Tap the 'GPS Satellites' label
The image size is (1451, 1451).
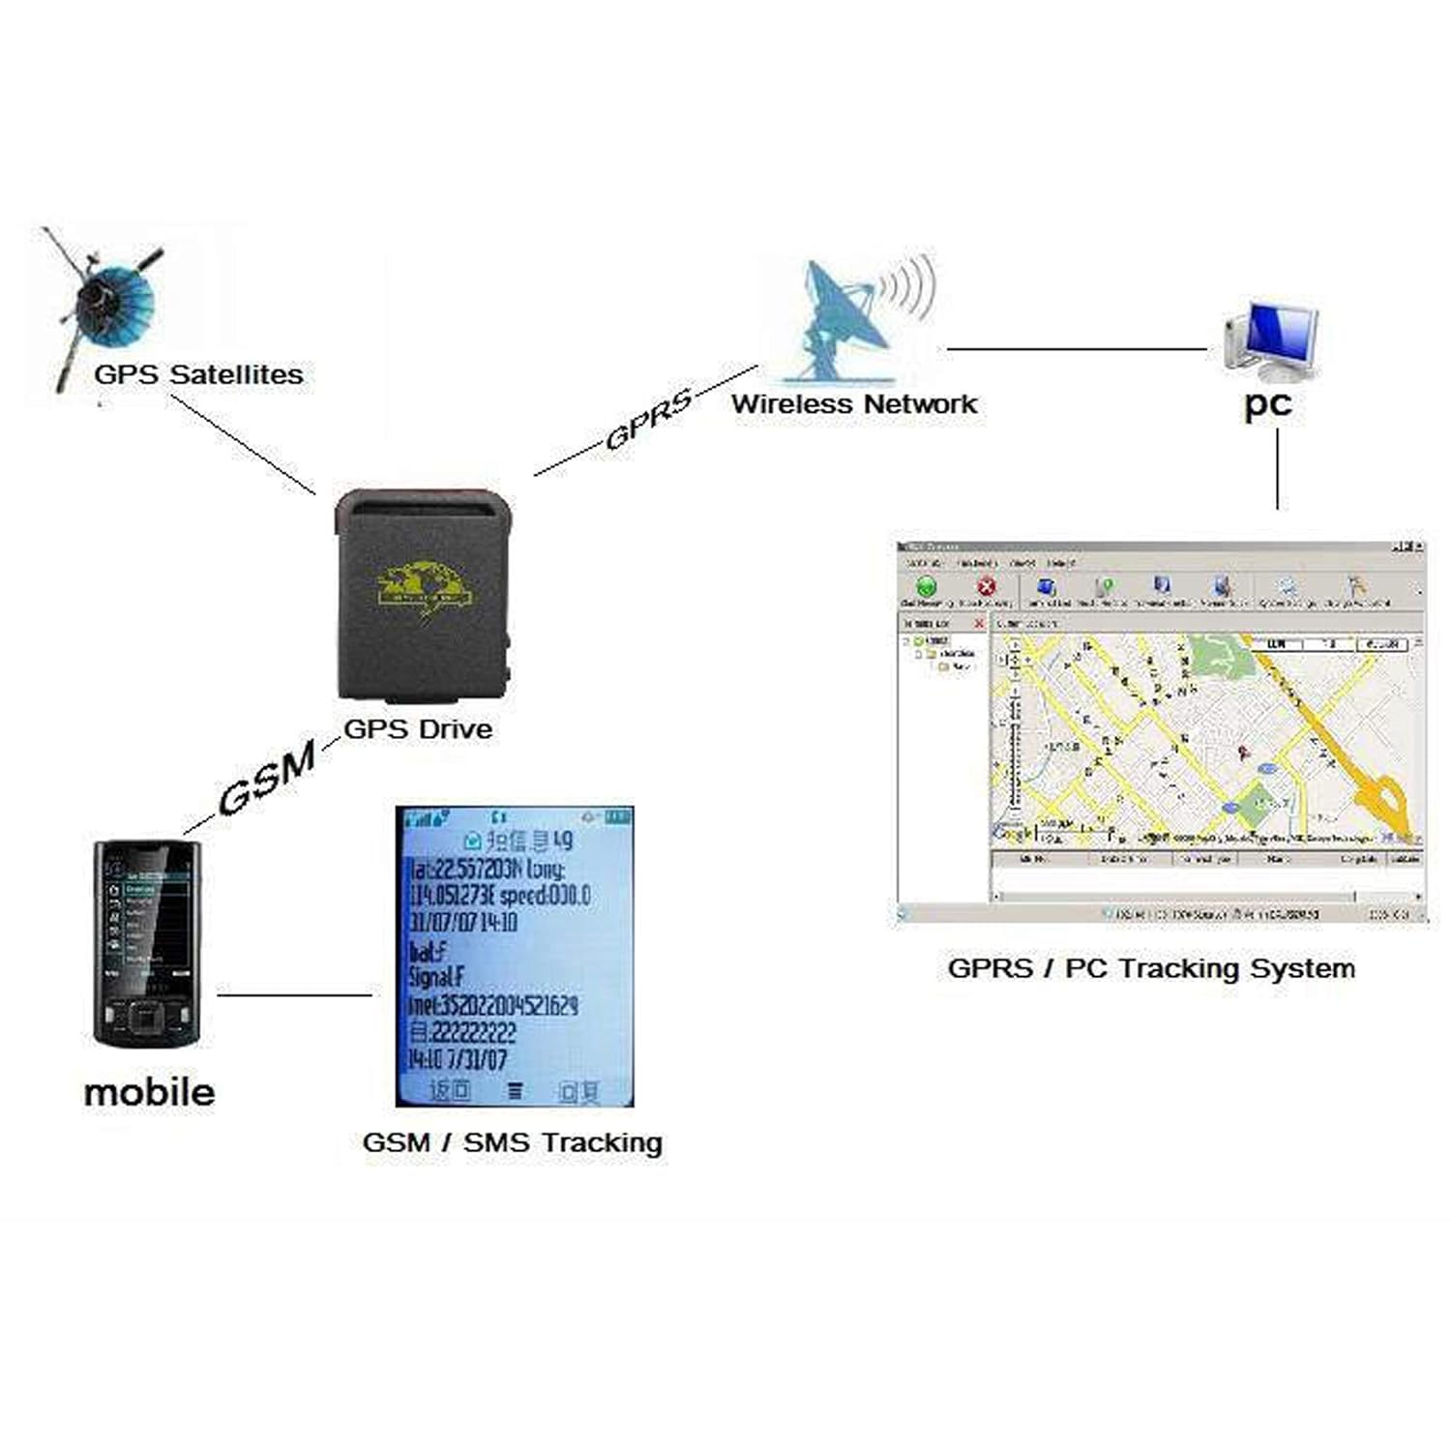[198, 375]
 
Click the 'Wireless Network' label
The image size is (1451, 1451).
[854, 404]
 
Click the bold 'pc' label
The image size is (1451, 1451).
[1267, 403]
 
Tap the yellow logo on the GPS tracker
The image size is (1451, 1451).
[426, 586]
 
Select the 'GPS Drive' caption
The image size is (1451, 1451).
[418, 728]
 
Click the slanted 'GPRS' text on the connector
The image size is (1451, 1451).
[648, 419]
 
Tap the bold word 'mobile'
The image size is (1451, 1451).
[149, 1092]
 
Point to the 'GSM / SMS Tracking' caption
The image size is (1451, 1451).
[512, 1142]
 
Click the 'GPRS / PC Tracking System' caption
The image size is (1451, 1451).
[1151, 968]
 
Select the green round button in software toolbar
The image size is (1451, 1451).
[926, 586]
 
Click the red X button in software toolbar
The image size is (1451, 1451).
[986, 586]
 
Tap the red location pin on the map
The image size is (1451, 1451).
[1244, 752]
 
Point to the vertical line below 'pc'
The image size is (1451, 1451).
[1278, 469]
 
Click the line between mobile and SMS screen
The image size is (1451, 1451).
[294, 994]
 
